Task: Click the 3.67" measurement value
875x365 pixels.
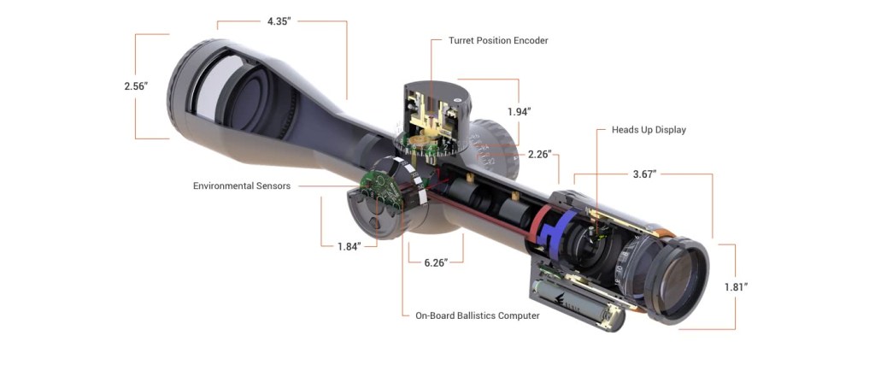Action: pyautogui.click(x=643, y=174)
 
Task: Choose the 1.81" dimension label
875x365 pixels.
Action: pyautogui.click(x=735, y=286)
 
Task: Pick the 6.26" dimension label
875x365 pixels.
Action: pyautogui.click(x=437, y=263)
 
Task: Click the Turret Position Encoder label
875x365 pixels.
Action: pyautogui.click(x=498, y=40)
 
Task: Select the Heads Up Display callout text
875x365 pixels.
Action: pyautogui.click(x=649, y=130)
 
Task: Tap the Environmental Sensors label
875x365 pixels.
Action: pyautogui.click(x=242, y=185)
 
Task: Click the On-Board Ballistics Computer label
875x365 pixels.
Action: pyautogui.click(x=478, y=315)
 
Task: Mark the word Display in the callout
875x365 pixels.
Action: pyautogui.click(x=667, y=130)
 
